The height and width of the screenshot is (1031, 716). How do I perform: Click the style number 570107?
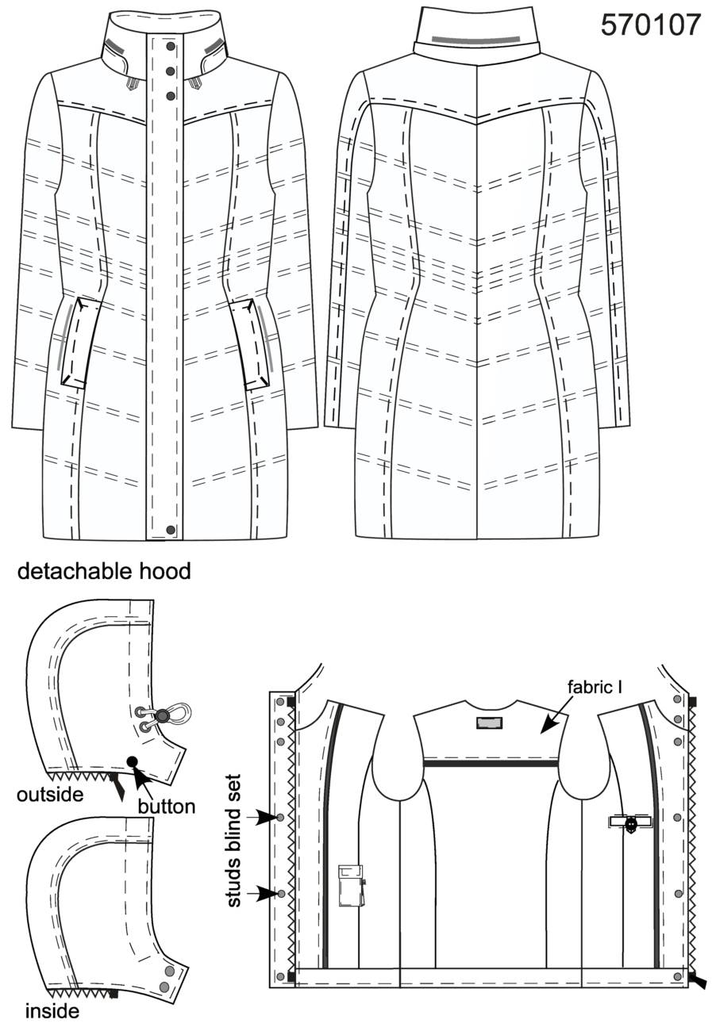pos(651,25)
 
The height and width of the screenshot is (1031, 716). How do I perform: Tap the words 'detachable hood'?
pos(104,571)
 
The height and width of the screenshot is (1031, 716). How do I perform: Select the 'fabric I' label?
pos(595,687)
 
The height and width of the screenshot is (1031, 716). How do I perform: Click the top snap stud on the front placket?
pos(171,46)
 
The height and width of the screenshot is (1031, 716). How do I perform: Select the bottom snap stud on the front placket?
pos(171,530)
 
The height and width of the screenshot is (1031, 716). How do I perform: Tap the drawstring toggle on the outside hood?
pos(162,715)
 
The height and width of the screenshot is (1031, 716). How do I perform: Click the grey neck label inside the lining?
pos(489,723)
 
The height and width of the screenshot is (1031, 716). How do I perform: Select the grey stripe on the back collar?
pos(476,40)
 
